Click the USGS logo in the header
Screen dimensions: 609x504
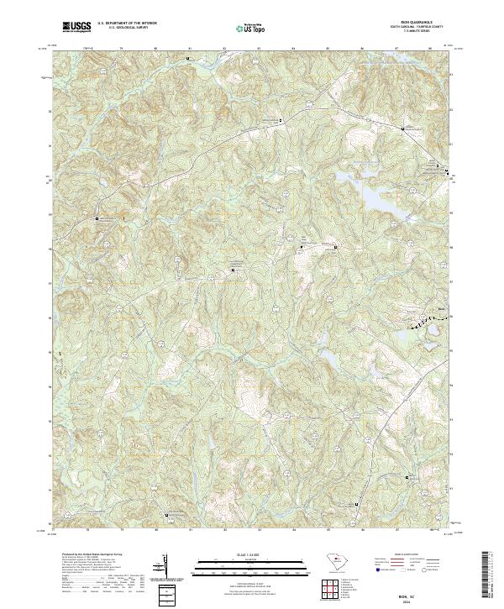(76, 27)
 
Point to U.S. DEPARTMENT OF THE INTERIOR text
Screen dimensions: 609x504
(127, 24)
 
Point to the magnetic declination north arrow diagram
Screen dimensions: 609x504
(168, 567)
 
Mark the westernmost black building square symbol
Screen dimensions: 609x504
(97, 218)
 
